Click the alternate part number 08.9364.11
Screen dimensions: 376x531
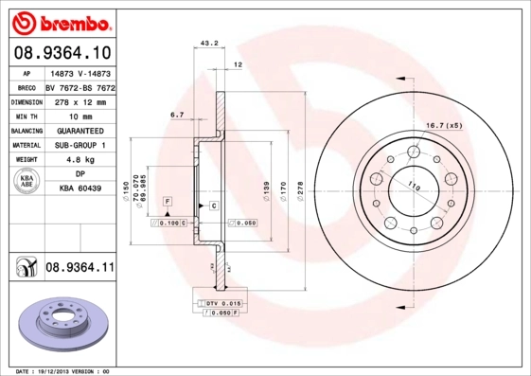click(x=80, y=269)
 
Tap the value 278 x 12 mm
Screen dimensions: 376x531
click(x=80, y=100)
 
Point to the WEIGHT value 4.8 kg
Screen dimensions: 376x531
click(x=80, y=161)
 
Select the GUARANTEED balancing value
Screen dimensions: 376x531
click(x=80, y=131)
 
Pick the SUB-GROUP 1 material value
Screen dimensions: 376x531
click(x=80, y=146)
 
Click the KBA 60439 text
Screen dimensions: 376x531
click(x=80, y=190)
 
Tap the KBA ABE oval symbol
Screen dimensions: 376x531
click(x=27, y=184)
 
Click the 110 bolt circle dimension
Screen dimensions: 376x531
click(x=413, y=183)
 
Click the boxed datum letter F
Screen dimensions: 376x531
click(x=167, y=203)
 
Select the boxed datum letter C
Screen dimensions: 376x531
click(x=214, y=206)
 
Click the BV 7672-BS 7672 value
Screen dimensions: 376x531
click(x=80, y=85)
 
